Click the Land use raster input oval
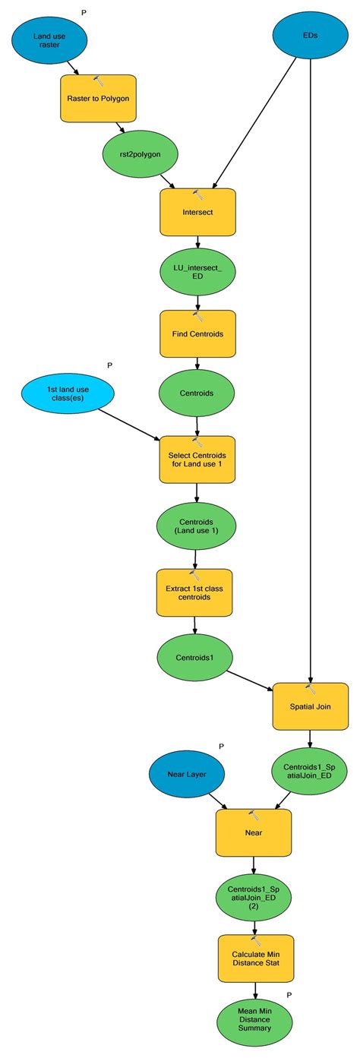click(x=49, y=41)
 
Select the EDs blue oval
click(x=310, y=35)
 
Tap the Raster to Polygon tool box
click(x=98, y=99)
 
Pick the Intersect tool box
click(x=197, y=213)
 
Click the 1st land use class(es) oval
click(x=68, y=394)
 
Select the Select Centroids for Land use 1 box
click(x=197, y=459)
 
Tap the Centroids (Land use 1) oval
click(x=197, y=525)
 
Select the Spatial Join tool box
click(x=310, y=706)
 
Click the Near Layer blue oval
click(x=186, y=774)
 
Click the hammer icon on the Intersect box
click(x=197, y=195)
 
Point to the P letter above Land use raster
click(x=84, y=13)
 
